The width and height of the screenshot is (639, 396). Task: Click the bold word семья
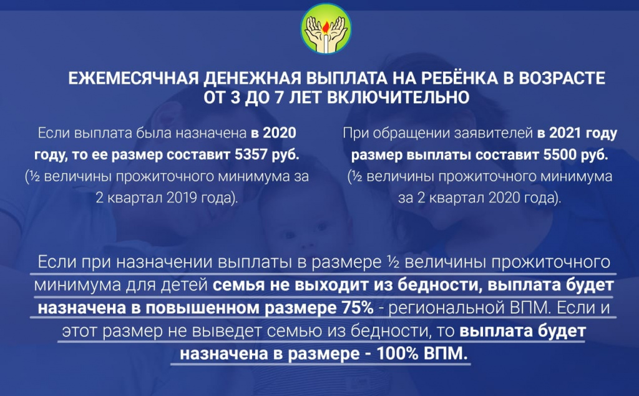point(235,285)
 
